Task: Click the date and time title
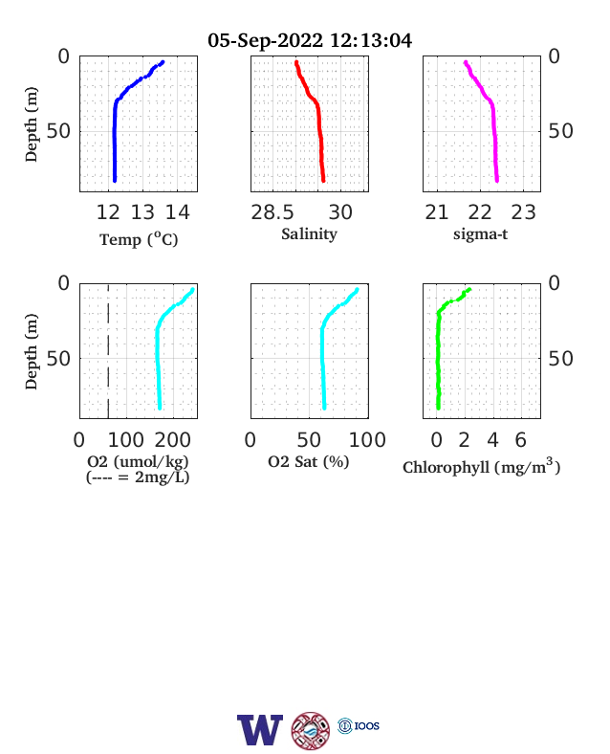coord(310,40)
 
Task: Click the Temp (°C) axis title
coord(139,239)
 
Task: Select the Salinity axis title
coord(309,234)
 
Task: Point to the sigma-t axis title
coord(480,234)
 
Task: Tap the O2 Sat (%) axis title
coord(309,461)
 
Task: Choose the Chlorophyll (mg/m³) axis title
coord(481,466)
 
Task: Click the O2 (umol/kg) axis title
coord(138,461)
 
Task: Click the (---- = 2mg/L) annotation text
coord(138,477)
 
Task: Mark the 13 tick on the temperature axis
coord(142,212)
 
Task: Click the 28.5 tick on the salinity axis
coord(272,212)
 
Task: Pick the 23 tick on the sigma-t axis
coord(523,212)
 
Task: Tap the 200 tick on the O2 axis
coord(172,440)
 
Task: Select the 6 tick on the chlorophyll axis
coord(521,440)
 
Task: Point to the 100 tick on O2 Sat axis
coord(367,440)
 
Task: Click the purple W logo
coord(260,729)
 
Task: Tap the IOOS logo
coord(359,725)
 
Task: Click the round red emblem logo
coord(311,731)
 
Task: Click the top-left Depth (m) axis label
coord(32,124)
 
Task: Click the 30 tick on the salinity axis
coord(340,212)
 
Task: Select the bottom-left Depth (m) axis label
coord(32,351)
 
